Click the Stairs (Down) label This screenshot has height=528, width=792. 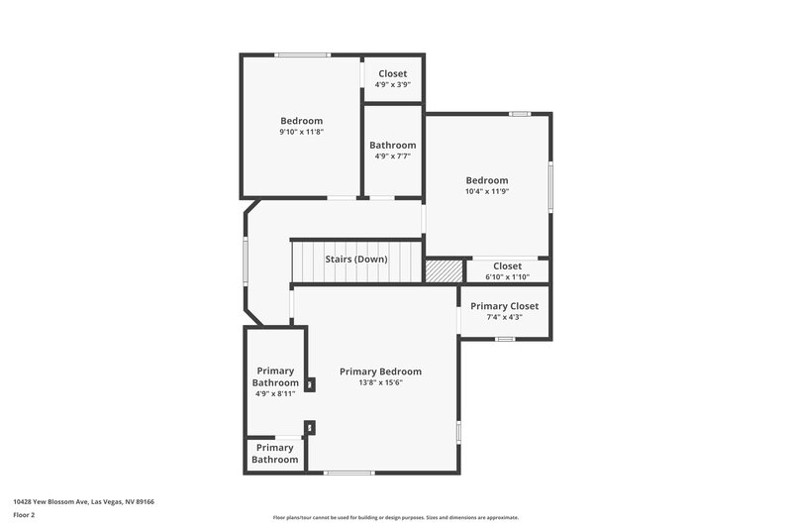tap(356, 260)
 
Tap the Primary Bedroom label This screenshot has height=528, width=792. tap(380, 371)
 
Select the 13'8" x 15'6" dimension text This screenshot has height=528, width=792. tap(380, 383)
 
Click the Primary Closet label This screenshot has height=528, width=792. tap(504, 306)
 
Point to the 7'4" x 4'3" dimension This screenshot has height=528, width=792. tap(504, 317)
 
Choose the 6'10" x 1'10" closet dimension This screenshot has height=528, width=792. tap(507, 277)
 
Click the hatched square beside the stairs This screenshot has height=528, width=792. tap(444, 270)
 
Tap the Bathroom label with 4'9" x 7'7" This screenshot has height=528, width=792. tap(393, 145)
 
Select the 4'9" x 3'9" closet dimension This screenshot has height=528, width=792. tap(393, 85)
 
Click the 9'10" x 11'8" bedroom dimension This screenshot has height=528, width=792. tap(301, 132)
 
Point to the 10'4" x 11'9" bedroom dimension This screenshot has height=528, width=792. tap(487, 191)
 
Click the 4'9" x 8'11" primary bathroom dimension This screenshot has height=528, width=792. tap(275, 393)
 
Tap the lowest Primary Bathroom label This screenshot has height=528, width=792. tap(275, 454)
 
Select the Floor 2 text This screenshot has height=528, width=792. tap(25, 515)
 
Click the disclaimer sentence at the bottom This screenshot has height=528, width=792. tap(395, 517)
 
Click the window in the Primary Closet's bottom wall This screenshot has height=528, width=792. tap(505, 340)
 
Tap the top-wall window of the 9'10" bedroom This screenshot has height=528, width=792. tap(303, 54)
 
